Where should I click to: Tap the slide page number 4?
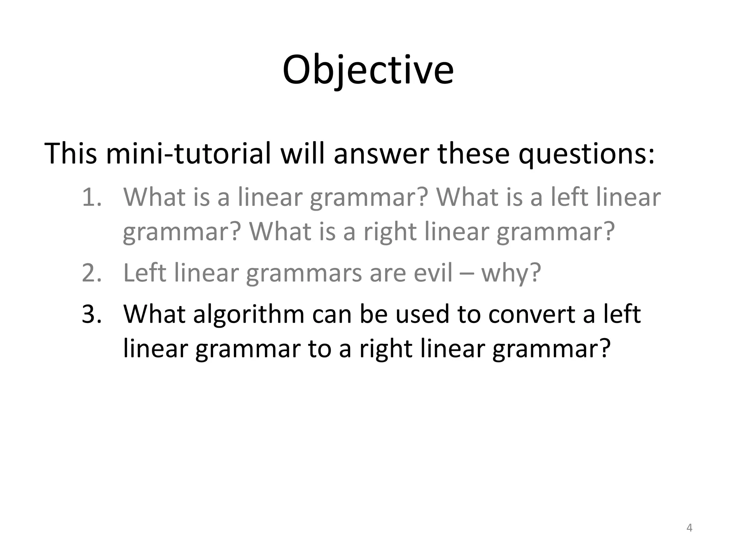[x=689, y=528]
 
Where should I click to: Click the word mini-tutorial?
[x=188, y=154]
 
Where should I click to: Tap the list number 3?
[x=91, y=314]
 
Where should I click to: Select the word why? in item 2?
[x=511, y=274]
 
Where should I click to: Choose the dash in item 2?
[x=467, y=274]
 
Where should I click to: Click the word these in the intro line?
[x=474, y=154]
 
